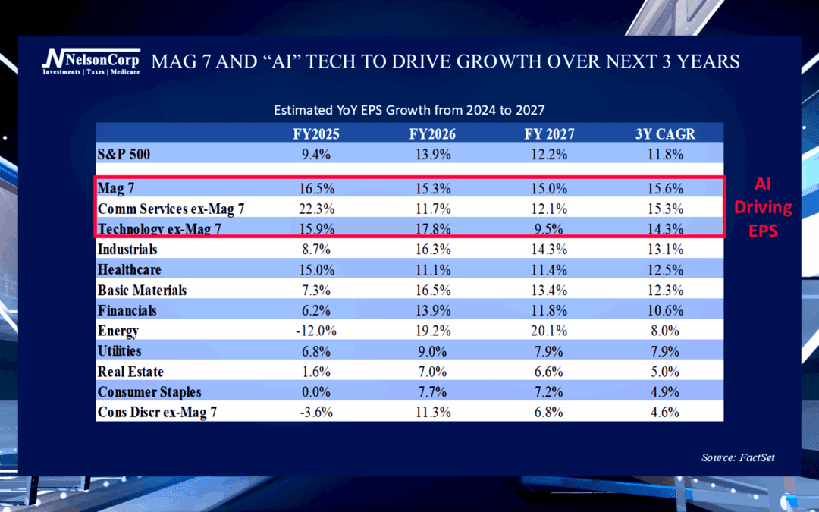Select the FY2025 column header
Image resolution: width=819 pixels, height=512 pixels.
pyautogui.click(x=316, y=134)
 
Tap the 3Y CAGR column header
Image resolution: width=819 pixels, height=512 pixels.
pyautogui.click(x=666, y=134)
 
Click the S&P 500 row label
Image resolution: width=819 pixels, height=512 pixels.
pyautogui.click(x=124, y=154)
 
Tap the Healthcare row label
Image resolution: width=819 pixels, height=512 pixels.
pyautogui.click(x=130, y=269)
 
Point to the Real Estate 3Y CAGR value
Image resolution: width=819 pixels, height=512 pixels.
pyautogui.click(x=666, y=372)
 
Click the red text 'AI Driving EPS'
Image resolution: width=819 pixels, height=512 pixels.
pyautogui.click(x=763, y=206)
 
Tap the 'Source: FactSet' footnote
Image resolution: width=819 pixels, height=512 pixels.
pyautogui.click(x=738, y=457)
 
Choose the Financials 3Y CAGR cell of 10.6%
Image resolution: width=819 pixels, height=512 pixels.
pyautogui.click(x=666, y=310)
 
